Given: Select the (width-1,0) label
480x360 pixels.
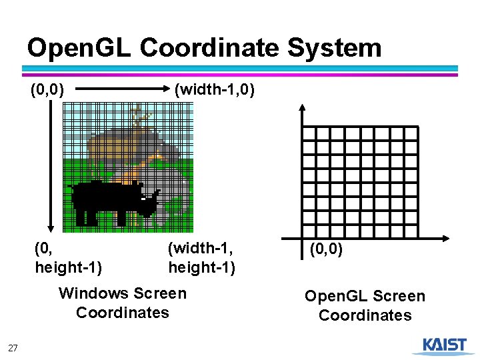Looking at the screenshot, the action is coord(214,89).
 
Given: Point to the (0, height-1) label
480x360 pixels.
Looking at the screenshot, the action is coord(67,258).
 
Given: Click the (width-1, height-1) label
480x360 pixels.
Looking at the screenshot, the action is coord(201,258).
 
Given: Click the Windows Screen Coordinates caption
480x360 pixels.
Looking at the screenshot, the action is coord(123,303).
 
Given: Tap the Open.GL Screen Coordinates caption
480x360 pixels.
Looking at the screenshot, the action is coord(365,305).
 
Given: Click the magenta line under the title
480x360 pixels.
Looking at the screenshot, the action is coord(240,75).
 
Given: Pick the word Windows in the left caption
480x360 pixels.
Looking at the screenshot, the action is coord(93,293).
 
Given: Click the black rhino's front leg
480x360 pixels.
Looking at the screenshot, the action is coord(122,217).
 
